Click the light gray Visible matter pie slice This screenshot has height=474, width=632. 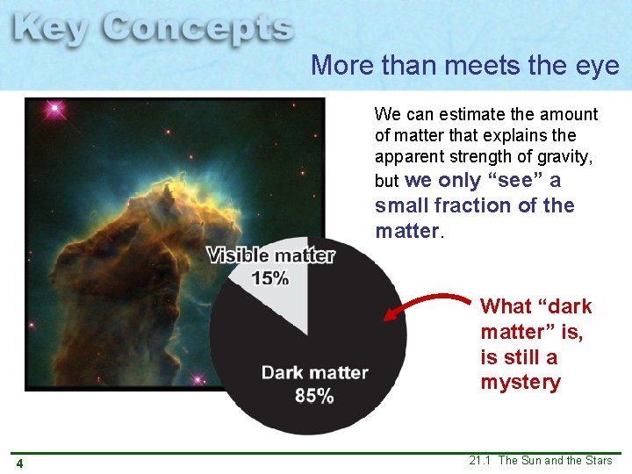coord(281,298)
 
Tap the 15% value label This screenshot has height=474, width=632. coord(269,278)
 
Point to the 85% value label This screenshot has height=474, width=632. coord(313,396)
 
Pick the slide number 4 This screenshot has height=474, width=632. coord(18,463)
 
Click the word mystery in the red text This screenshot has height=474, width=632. coord(520,383)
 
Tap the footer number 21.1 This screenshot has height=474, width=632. coord(480,461)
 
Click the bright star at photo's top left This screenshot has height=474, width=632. coord(56,110)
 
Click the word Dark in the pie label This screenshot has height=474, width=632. coord(284,373)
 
